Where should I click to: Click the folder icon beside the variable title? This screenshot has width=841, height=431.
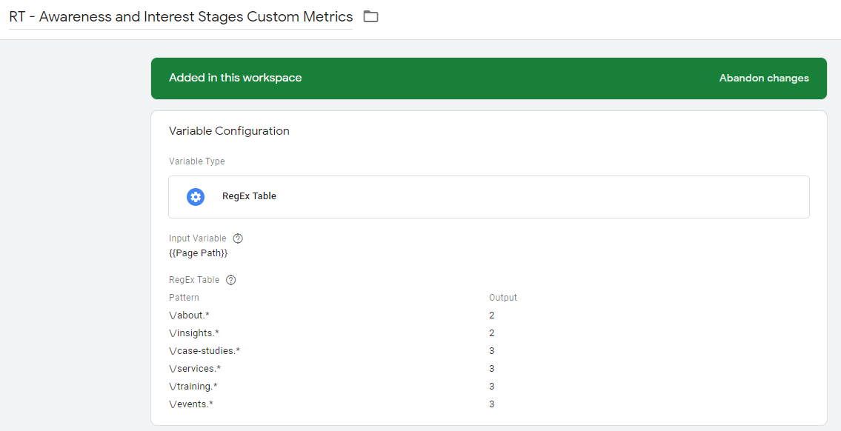[370, 16]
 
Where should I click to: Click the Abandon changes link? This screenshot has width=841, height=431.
[764, 78]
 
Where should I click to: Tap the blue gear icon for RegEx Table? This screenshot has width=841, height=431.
[196, 197]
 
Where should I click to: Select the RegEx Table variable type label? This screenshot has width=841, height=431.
[249, 196]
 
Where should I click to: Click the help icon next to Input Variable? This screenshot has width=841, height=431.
[238, 238]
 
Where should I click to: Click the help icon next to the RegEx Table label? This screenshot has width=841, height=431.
[230, 280]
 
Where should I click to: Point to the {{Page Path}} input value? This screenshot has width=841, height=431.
[199, 253]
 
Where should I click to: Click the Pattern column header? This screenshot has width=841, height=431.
[184, 298]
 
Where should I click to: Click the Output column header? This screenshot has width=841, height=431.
[503, 298]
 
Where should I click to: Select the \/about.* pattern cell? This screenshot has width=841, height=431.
[190, 315]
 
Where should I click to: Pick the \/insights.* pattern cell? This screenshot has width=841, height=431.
[194, 333]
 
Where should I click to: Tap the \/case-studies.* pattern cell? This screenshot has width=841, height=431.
[205, 350]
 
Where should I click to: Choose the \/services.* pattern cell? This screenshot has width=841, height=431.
[195, 368]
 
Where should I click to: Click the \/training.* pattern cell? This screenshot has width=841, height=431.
[193, 386]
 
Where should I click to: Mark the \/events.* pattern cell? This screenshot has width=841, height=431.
[191, 404]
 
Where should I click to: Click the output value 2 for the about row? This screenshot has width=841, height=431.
[492, 315]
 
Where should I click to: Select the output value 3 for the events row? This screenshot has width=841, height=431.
[492, 404]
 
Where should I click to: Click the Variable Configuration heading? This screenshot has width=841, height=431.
[229, 131]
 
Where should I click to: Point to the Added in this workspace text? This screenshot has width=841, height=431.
[236, 78]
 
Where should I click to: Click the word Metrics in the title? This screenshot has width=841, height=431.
[328, 16]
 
